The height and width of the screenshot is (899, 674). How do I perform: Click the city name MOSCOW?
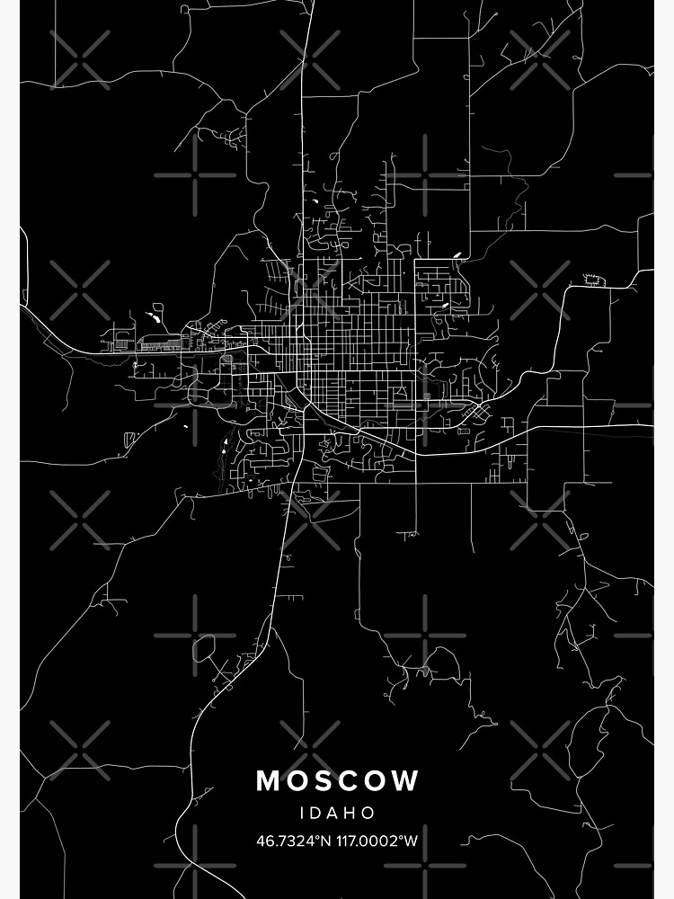pyautogui.click(x=337, y=780)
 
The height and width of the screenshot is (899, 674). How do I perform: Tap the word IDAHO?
pyautogui.click(x=337, y=813)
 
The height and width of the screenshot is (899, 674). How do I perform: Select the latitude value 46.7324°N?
pyautogui.click(x=293, y=841)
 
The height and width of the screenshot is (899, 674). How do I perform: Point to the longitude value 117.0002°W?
pyautogui.click(x=377, y=841)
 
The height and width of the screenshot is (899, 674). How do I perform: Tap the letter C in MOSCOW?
pyautogui.click(x=353, y=780)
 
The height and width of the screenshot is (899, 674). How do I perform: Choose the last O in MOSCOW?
pyautogui.click(x=378, y=780)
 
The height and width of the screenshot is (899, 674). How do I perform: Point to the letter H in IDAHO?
pyautogui.click(x=353, y=813)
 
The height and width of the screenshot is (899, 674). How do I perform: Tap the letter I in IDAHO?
pyautogui.click(x=303, y=813)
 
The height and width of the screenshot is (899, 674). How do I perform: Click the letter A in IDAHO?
pyautogui.click(x=334, y=813)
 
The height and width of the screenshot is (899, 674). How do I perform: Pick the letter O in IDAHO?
pyautogui.click(x=371, y=813)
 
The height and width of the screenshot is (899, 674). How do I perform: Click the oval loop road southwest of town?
pyautogui.click(x=204, y=647)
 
